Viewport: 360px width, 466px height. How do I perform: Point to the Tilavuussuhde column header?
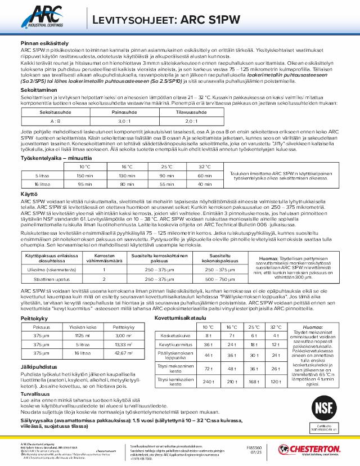tap(191, 112)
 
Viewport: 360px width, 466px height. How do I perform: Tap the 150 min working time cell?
tap(85, 176)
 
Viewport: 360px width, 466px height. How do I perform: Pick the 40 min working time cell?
tap(205, 184)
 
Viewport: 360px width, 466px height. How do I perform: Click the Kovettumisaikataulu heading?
tap(182, 318)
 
